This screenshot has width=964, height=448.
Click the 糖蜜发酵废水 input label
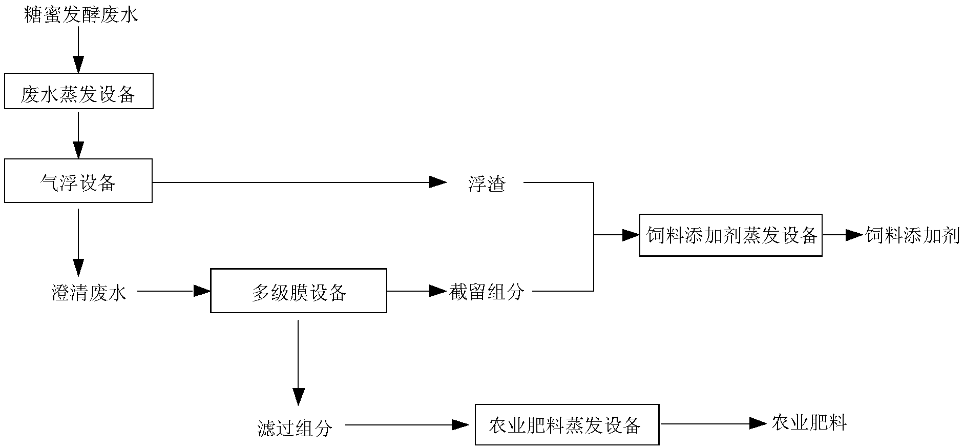pos(81,15)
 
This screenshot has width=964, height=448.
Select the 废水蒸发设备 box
pos(78,94)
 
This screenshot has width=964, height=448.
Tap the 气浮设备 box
pos(78,182)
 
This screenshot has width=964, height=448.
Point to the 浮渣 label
pos(487,184)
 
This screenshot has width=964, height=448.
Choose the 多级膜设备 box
pos(299,291)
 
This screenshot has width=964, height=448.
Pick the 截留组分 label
pos(487,292)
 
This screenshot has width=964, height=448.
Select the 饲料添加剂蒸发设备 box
pos(731,235)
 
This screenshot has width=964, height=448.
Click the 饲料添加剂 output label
pos(912,235)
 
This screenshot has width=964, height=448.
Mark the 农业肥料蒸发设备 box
pos(567,425)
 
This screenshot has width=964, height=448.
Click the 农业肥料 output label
pos(809,423)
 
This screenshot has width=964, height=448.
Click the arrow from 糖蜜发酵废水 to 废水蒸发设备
pos(78,49)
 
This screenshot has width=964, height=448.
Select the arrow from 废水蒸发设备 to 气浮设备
pos(78,135)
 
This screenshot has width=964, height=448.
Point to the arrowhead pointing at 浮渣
pos(437,182)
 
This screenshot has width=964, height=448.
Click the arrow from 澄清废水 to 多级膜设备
pos(174,291)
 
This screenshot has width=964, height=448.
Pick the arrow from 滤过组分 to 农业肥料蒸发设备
pos(407,424)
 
